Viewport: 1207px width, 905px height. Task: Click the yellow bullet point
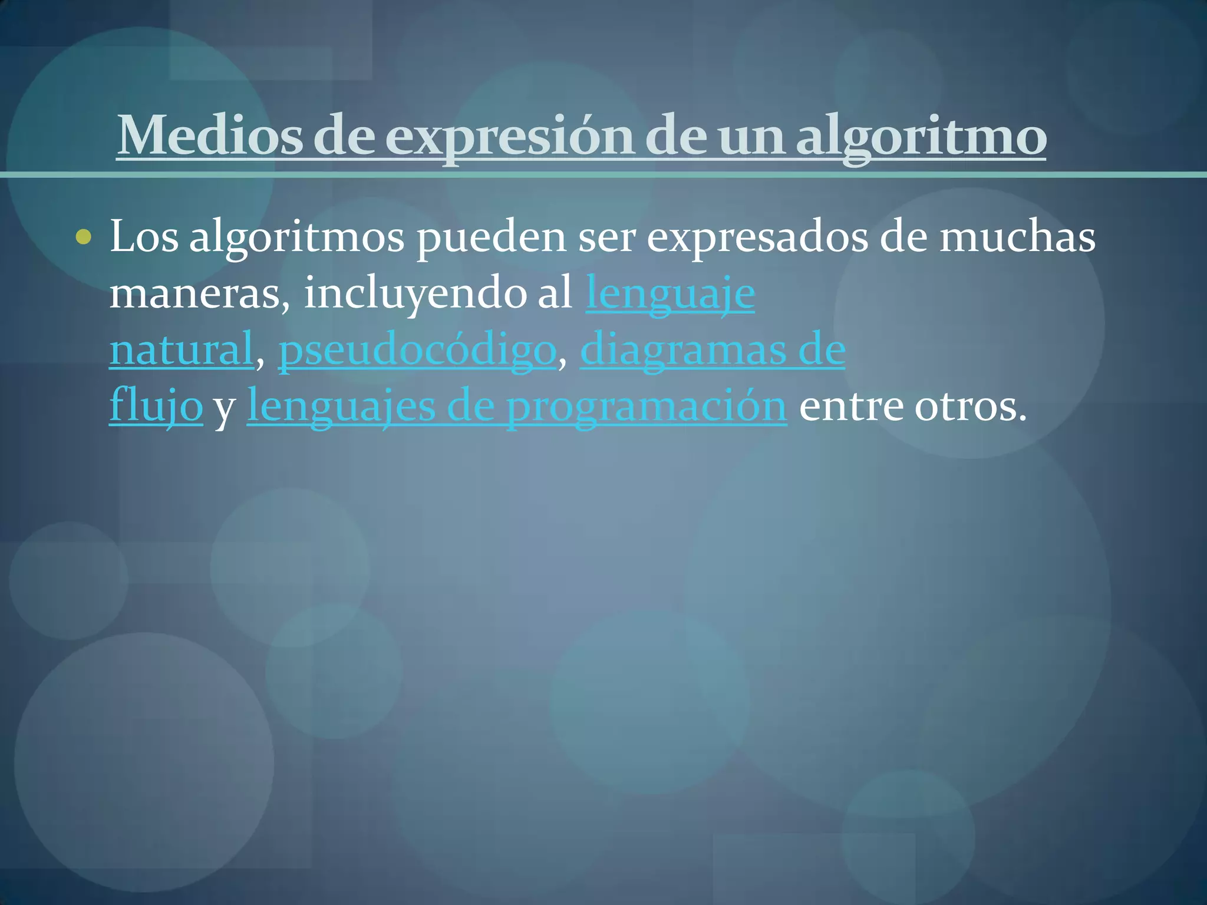(84, 237)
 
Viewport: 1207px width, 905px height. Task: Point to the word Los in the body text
(144, 237)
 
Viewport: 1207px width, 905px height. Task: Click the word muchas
(1017, 237)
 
